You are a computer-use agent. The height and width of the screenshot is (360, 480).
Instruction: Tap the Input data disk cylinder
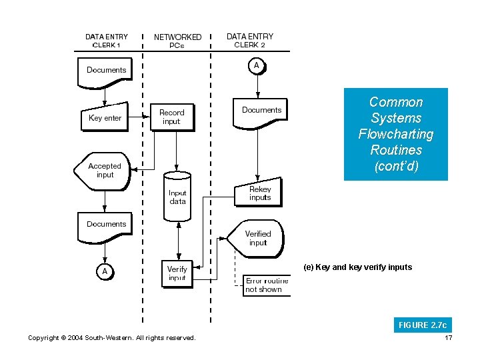point(177,196)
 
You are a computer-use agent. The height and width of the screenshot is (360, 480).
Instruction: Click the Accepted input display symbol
point(105,171)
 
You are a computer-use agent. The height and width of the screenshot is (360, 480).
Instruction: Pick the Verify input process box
point(177,273)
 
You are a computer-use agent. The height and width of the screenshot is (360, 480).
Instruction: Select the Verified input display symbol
point(257,238)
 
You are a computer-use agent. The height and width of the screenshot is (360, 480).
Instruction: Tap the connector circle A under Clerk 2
point(256,65)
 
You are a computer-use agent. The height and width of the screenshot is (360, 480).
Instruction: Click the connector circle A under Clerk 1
point(105,271)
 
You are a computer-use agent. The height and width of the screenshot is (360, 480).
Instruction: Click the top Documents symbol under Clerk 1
point(107,73)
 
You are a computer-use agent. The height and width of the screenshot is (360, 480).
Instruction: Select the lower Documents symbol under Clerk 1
point(107,227)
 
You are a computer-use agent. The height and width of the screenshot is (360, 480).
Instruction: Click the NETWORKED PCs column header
point(177,41)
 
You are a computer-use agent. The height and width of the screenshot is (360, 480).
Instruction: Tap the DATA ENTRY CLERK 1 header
point(106,41)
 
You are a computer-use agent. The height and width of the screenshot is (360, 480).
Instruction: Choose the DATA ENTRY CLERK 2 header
point(250,41)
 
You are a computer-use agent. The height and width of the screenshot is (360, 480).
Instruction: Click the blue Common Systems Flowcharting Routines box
point(395,134)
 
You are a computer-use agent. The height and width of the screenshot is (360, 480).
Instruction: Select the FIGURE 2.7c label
point(422,325)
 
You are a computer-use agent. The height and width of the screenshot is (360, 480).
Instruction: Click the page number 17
point(447,338)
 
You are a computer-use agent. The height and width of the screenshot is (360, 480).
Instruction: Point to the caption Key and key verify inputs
point(357,267)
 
